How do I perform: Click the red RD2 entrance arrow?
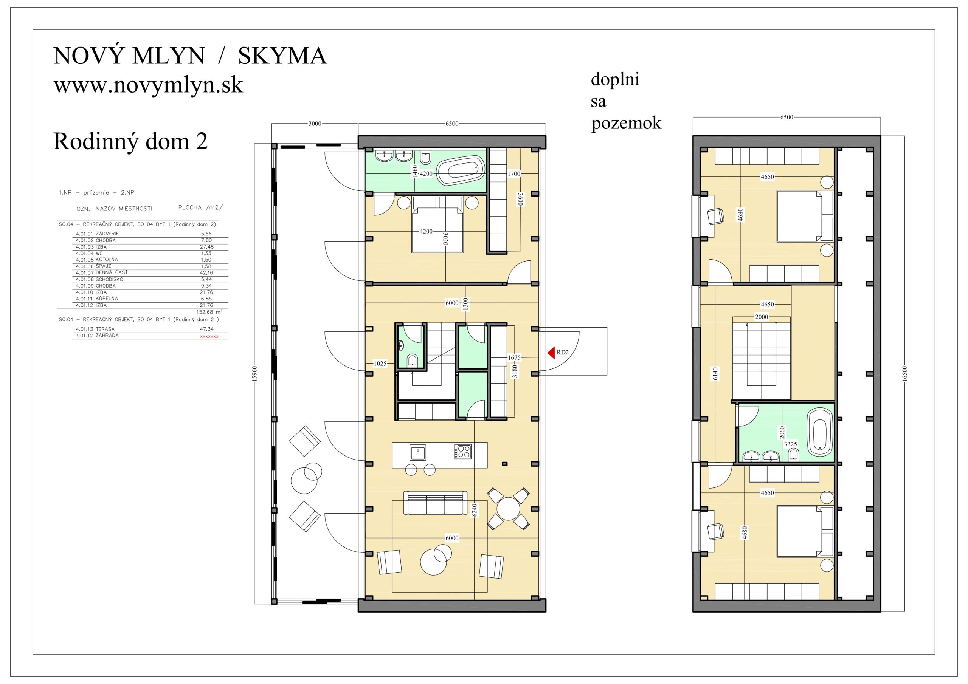[x=551, y=353]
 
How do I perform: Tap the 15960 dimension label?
[x=254, y=373]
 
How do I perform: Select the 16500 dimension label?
[x=904, y=374]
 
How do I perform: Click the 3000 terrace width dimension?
[x=315, y=124]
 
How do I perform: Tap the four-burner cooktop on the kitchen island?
[x=462, y=452]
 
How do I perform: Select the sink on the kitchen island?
[x=418, y=453]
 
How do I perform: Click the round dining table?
[x=509, y=509]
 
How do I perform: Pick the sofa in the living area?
[x=436, y=503]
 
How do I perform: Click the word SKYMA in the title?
[x=282, y=56]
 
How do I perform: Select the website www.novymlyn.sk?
[x=148, y=85]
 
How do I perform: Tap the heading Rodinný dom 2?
[x=130, y=141]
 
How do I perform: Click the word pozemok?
[x=626, y=123]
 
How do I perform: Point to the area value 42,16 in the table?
[x=206, y=273]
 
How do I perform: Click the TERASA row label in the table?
[x=105, y=329]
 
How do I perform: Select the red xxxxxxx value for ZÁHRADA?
[x=209, y=336]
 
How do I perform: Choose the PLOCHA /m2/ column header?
[x=200, y=207]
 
